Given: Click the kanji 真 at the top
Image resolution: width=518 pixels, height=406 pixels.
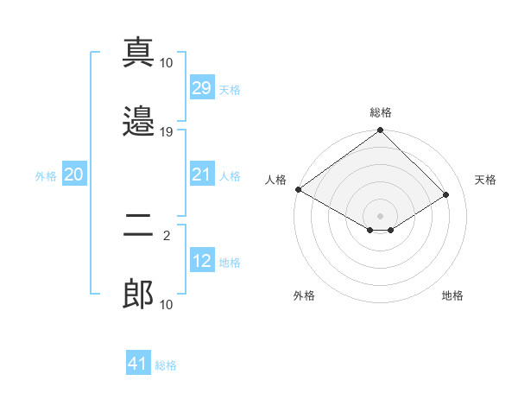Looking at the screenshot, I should [x=138, y=53].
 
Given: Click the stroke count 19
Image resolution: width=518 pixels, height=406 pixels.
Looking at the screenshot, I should [x=167, y=132].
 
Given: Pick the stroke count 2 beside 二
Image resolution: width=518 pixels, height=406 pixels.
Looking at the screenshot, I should [x=167, y=234].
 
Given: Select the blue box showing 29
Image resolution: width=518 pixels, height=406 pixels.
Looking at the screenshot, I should [x=201, y=88].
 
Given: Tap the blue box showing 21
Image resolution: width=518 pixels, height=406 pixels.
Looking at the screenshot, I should [x=201, y=174].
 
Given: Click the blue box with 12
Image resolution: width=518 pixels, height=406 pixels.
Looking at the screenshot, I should [x=201, y=261].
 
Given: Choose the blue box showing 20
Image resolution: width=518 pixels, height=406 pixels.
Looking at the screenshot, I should [x=73, y=174].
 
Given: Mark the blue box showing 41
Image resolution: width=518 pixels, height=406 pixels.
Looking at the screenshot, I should [x=138, y=365].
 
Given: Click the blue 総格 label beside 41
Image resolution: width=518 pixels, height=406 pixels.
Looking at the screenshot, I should [x=166, y=365].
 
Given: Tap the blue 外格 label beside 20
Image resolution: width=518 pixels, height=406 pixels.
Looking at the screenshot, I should [x=46, y=175].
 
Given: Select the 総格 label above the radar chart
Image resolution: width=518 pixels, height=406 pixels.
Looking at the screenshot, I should [x=381, y=112].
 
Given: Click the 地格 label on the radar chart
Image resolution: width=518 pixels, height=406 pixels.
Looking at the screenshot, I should [x=452, y=295].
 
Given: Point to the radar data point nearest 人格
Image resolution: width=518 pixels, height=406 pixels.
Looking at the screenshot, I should [x=298, y=189].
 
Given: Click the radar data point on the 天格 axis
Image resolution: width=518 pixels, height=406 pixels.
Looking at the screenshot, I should [x=446, y=195].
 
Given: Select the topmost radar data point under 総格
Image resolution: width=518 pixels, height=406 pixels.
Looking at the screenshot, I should [x=381, y=130].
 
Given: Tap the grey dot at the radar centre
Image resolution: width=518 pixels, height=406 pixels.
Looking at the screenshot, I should [x=381, y=215].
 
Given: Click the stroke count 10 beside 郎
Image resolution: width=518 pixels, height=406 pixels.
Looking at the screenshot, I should [x=167, y=305].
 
